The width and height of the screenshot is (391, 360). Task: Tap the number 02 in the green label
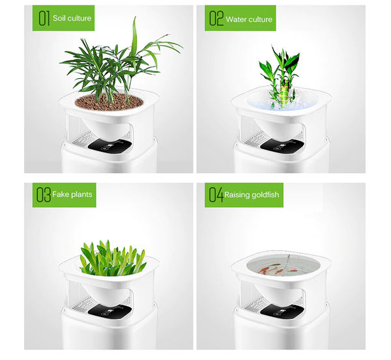click(x=216, y=19)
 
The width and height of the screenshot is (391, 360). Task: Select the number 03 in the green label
click(x=44, y=194)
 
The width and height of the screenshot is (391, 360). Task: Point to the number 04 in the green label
click(x=216, y=194)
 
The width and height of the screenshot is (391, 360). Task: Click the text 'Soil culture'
click(x=72, y=19)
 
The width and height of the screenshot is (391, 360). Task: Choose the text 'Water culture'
click(x=249, y=20)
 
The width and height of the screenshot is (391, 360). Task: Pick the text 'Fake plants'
click(x=73, y=194)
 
